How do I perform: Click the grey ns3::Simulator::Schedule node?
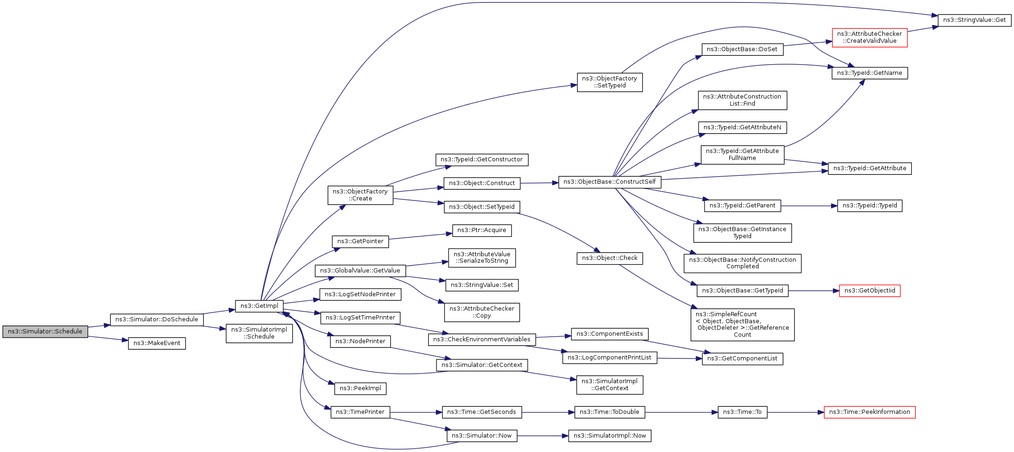coord(45,332)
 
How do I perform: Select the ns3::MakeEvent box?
coord(157,343)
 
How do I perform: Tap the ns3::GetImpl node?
coord(259,306)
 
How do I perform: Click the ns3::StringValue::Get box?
coord(974,20)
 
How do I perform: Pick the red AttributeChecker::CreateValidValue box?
coord(869,37)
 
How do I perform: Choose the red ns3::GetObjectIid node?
coord(869,291)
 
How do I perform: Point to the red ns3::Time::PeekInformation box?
coord(869,412)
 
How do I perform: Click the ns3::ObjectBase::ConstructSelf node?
coord(609,182)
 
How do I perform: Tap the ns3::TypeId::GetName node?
coord(869,73)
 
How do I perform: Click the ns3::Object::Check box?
coord(610,258)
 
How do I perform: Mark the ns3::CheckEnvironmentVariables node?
coord(482,339)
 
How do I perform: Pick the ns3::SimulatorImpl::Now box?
coord(610,436)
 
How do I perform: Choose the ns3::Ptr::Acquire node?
coord(482,230)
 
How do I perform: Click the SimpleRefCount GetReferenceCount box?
coord(742,325)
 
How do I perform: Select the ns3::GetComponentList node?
coord(742,359)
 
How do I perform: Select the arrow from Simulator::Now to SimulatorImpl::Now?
coord(543,436)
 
